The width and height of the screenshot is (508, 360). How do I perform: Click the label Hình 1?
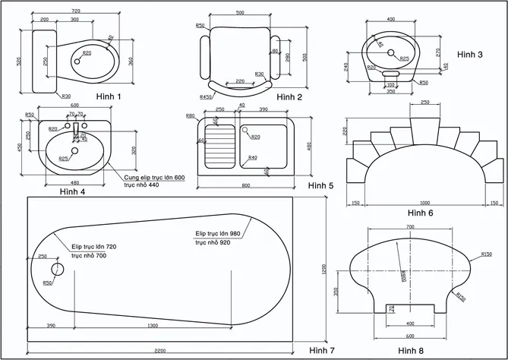(109, 96)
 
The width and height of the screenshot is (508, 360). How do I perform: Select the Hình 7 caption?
(321, 350)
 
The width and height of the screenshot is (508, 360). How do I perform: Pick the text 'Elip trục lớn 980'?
(219, 233)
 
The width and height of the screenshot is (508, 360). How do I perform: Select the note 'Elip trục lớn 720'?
(94, 247)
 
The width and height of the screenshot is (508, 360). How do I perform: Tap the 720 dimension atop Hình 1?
(75, 12)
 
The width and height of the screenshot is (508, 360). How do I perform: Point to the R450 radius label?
(205, 97)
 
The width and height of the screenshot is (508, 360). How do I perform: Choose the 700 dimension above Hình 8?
(410, 227)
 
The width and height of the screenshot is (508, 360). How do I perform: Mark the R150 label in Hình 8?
(487, 254)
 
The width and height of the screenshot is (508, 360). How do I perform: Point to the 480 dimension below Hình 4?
(75, 182)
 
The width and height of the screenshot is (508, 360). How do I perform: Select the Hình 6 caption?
(420, 213)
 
